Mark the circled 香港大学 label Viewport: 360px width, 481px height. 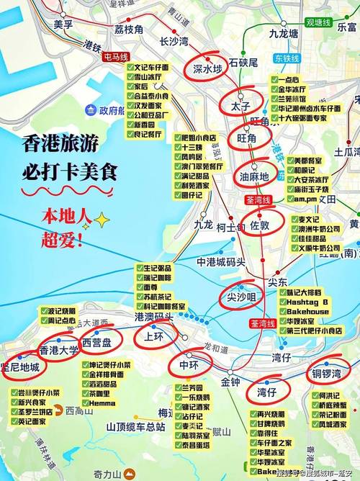click(x=58, y=351)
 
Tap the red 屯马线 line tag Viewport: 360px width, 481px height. click(x=117, y=55)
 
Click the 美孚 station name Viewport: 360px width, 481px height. click(x=63, y=24)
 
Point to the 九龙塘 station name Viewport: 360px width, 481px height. click(x=284, y=33)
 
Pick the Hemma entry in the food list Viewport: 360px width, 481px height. click(x=102, y=404)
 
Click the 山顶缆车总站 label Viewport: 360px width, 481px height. click(x=138, y=426)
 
